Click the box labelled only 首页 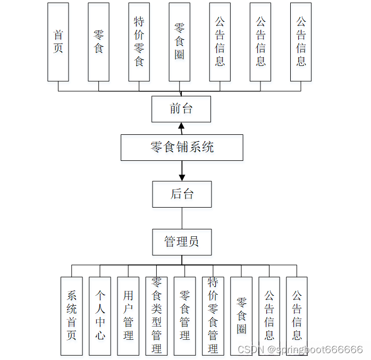(58, 42)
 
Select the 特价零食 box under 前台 (139, 42)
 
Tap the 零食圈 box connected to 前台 (180, 42)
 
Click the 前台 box (181, 109)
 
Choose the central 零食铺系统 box (182, 147)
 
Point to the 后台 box (182, 194)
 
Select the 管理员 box (182, 242)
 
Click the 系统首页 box (72, 315)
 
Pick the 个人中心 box (100, 315)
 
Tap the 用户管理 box (128, 315)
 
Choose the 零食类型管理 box (156, 315)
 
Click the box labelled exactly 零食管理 (184, 315)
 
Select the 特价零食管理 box (213, 315)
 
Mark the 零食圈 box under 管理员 (241, 315)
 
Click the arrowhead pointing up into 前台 (181, 126)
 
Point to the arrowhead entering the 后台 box (182, 177)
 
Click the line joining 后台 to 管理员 (182, 218)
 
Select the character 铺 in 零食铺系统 (182, 147)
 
